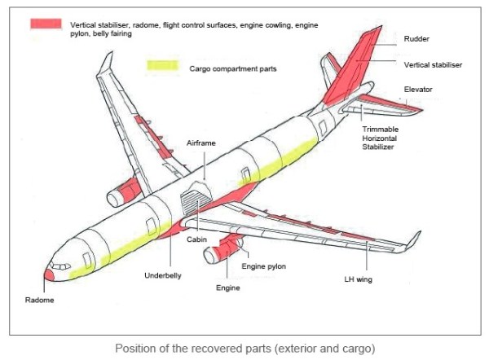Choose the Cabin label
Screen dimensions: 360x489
pyautogui.click(x=196, y=239)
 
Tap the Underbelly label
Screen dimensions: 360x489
pyautogui.click(x=164, y=275)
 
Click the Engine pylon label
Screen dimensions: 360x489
pyautogui.click(x=263, y=266)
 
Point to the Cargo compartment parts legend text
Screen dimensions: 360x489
pyautogui.click(x=232, y=69)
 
